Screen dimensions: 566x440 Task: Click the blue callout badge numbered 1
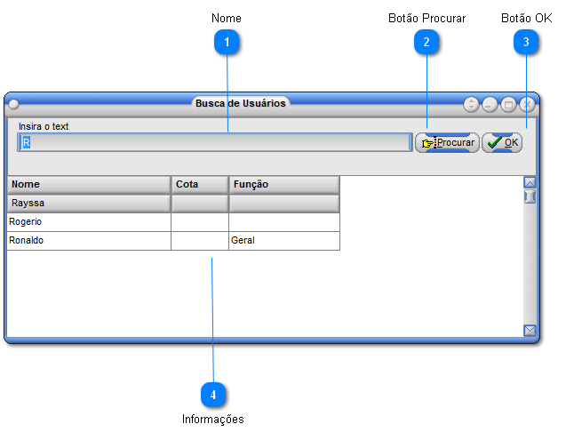pyautogui.click(x=227, y=43)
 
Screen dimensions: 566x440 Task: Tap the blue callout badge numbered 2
pyautogui.click(x=426, y=43)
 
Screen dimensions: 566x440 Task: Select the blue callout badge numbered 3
pyautogui.click(x=526, y=43)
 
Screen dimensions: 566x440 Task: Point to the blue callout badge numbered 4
pyautogui.click(x=213, y=395)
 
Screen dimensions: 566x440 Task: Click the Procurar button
pyautogui.click(x=447, y=143)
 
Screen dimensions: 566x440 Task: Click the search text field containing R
pyautogui.click(x=215, y=142)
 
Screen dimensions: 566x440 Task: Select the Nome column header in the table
pyautogui.click(x=89, y=185)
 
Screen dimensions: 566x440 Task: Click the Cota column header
pyautogui.click(x=200, y=185)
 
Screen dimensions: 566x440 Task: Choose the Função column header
pyautogui.click(x=284, y=185)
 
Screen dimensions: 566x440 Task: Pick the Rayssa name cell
pyautogui.click(x=89, y=204)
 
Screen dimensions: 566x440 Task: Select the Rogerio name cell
pyautogui.click(x=89, y=222)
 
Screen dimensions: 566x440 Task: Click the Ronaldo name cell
pyautogui.click(x=89, y=241)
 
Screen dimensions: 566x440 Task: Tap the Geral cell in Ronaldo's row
pyautogui.click(x=284, y=241)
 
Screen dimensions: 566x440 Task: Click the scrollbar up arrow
pyautogui.click(x=530, y=182)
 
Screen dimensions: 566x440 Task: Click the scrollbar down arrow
pyautogui.click(x=530, y=330)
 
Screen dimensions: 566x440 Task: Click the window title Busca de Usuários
pyautogui.click(x=241, y=103)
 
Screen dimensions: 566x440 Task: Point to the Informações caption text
pyautogui.click(x=213, y=419)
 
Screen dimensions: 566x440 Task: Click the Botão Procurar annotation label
pyautogui.click(x=427, y=18)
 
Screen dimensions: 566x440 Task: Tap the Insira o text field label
pyautogui.click(x=44, y=126)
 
